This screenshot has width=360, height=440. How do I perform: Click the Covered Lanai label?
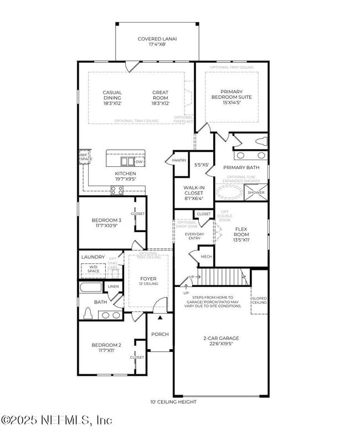coord(157,39)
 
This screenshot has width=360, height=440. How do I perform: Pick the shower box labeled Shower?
coord(256,192)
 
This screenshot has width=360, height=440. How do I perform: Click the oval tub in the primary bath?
coord(229,192)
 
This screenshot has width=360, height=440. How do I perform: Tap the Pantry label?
coord(179,160)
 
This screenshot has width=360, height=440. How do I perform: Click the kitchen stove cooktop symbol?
coord(117,190)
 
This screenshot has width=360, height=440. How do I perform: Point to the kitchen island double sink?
coord(127,162)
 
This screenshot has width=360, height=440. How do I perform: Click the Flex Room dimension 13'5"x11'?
coord(241,241)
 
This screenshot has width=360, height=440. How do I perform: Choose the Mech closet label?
coord(206,257)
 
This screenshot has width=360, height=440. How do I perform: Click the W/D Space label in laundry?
coord(90,268)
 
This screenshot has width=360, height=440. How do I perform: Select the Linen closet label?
coord(113,286)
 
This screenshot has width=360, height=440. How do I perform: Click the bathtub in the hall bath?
coord(91,288)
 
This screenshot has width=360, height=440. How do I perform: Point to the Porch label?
coord(160,334)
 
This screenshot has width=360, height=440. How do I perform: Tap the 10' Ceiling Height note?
coord(173,402)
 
